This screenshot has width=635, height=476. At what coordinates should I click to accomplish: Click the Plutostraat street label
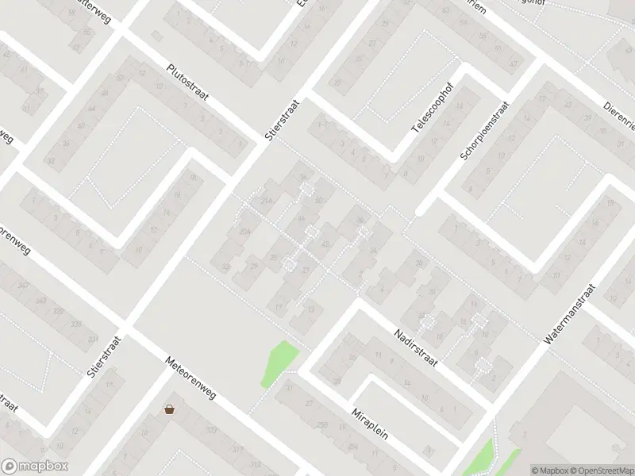pyautogui.click(x=187, y=83)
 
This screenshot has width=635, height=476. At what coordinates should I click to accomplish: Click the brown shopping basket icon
pyautogui.click(x=169, y=409)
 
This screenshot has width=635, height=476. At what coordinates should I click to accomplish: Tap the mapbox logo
pyautogui.click(x=35, y=466)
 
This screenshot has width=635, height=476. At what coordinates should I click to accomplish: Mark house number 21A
pyautogui.click(x=267, y=202)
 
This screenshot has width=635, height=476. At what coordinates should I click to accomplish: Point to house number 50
pyautogui.click(x=319, y=202)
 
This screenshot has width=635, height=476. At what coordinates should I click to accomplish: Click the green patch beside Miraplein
pyautogui.click(x=278, y=363)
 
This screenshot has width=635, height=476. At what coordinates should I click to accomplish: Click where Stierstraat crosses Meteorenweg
pyautogui.click(x=127, y=328)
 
